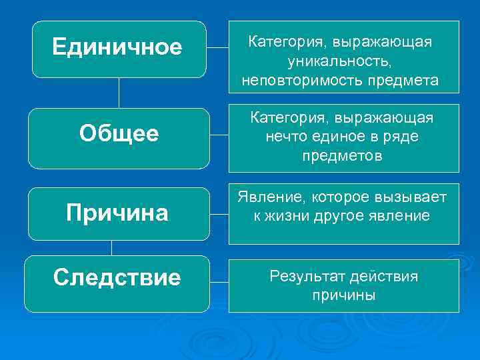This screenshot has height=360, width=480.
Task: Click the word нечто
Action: coord(291,137)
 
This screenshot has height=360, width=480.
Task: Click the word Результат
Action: coord(307,276)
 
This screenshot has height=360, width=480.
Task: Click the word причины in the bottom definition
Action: coord(343,295)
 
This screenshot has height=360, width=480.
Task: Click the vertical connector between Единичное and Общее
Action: coord(119,93)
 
